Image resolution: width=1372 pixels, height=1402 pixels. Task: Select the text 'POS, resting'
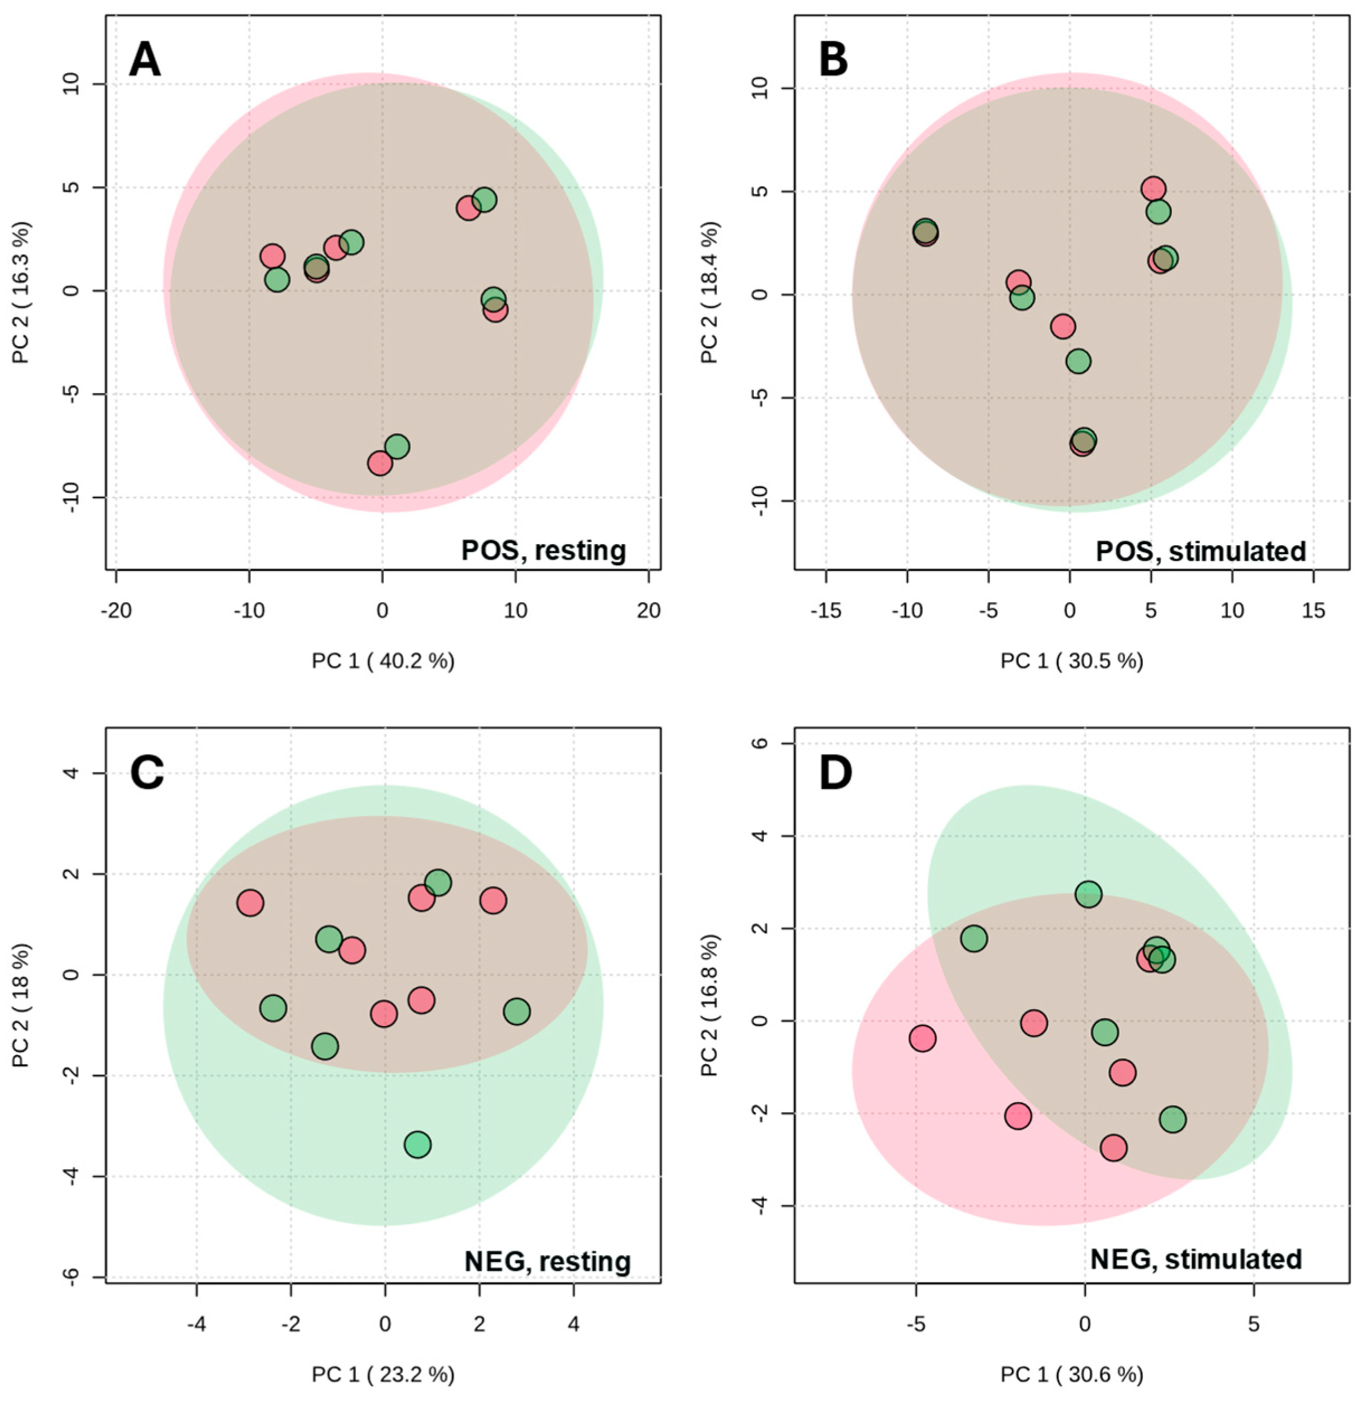coord(543,551)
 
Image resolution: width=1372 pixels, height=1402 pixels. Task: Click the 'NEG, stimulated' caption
coord(1196,1260)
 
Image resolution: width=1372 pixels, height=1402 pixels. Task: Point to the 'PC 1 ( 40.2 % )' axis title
coord(383,661)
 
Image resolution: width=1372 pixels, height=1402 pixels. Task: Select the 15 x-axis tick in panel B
coord(1314,611)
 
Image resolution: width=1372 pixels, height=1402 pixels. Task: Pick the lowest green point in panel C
coord(417,1144)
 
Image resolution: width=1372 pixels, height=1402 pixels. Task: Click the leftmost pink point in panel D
coord(922,1038)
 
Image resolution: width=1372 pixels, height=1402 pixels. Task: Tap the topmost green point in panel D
coord(1088,895)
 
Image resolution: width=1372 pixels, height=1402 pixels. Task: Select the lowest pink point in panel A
coord(380,463)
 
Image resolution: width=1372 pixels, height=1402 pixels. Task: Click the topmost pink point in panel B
coord(1153,189)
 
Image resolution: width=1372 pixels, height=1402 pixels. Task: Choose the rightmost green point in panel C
coord(516,1012)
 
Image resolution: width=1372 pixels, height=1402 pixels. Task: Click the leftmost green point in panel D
coord(974,939)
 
